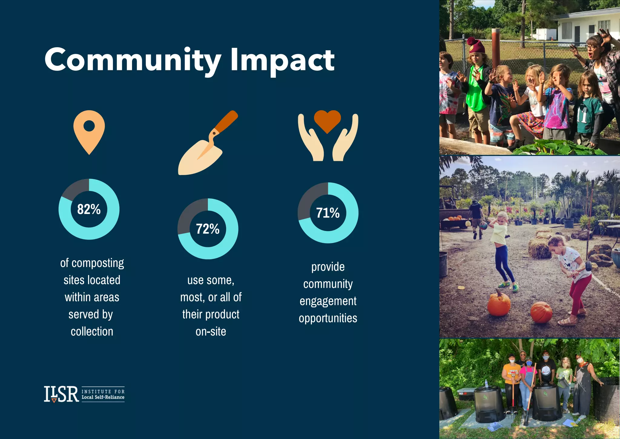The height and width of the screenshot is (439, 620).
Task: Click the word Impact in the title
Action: (282, 61)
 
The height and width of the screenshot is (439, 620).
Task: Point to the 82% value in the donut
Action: (89, 209)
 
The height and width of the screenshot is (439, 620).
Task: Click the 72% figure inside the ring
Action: (208, 229)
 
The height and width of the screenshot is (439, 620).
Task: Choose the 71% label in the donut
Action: (328, 213)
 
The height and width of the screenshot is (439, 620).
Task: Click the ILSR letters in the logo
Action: (61, 394)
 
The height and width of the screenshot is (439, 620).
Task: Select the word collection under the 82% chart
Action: (92, 331)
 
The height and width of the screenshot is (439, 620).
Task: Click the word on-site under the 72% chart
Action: (211, 331)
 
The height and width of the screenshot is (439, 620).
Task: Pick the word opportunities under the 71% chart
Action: (328, 318)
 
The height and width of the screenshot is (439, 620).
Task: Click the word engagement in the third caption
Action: (328, 301)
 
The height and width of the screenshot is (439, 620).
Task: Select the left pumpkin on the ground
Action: (499, 304)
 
